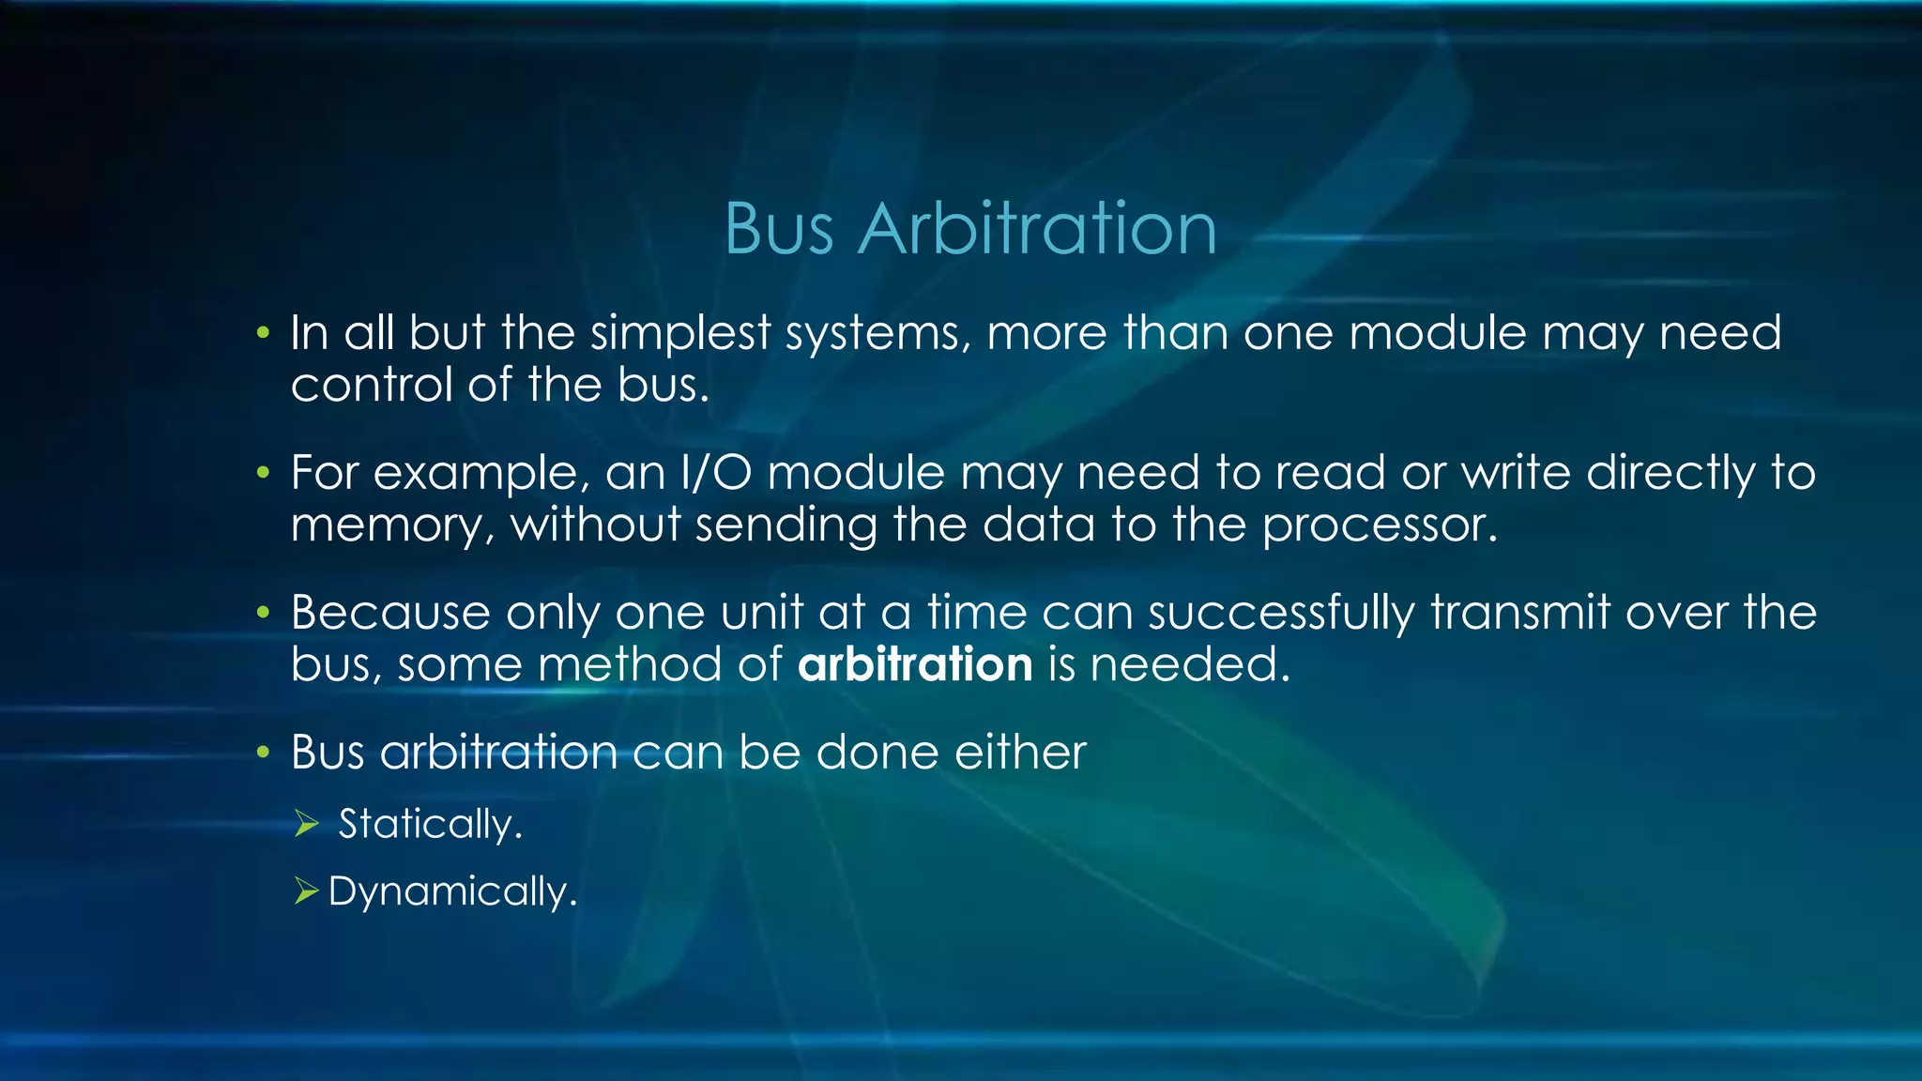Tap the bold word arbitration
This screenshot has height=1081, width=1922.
pos(915,664)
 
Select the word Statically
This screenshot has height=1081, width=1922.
pos(429,824)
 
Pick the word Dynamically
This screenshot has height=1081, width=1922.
pos(451,891)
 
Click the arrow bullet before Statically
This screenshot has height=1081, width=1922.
pos(307,824)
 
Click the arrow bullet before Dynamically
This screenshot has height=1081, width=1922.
pos(307,891)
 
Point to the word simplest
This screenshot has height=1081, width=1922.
pos(679,333)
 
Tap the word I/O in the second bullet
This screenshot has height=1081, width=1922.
pos(716,472)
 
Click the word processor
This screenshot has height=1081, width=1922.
pos(1379,525)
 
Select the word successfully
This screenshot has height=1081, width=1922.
pos(1281,613)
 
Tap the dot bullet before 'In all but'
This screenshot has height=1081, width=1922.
pos(264,333)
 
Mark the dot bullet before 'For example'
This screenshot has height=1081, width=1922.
pos(264,472)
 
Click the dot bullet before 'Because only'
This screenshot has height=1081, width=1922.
pos(264,613)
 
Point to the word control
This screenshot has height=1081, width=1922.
pos(372,385)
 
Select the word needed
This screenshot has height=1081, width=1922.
pos(1189,664)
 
